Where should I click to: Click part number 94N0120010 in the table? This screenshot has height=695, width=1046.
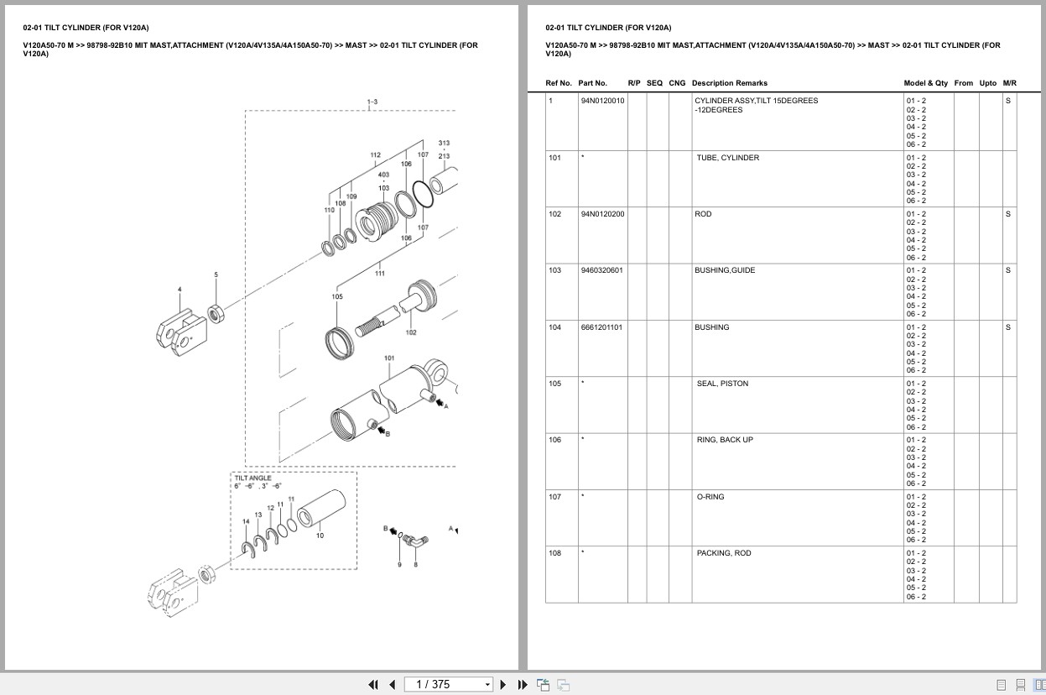(x=602, y=101)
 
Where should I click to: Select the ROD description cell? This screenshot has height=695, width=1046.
(x=703, y=214)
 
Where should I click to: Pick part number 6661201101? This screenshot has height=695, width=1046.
(x=601, y=327)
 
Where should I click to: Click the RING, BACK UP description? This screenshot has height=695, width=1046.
(x=725, y=440)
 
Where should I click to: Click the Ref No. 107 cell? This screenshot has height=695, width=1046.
(x=554, y=497)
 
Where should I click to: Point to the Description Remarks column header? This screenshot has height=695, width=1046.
(x=729, y=83)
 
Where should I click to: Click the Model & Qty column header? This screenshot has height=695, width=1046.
(x=925, y=83)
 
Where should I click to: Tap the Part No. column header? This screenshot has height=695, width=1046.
(x=592, y=83)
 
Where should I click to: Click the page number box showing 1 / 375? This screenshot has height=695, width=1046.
(x=448, y=684)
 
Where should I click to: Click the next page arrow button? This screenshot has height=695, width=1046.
(x=503, y=684)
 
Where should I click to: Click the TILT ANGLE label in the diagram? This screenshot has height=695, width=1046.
(x=252, y=478)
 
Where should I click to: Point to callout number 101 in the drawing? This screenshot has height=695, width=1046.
(x=389, y=358)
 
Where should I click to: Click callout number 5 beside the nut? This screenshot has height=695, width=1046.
(x=216, y=274)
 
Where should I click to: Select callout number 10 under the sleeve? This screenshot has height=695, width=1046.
(x=320, y=536)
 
